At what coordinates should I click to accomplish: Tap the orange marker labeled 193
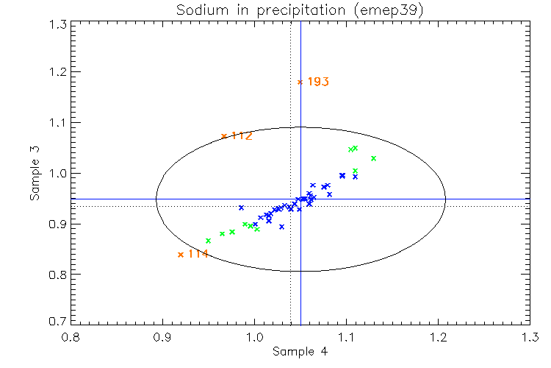pos(300,82)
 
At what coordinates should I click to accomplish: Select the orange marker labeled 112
pos(224,135)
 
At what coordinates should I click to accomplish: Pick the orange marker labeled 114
pos(180,255)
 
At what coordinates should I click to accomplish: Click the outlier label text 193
pos(317,82)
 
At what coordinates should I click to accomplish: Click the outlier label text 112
pos(242,135)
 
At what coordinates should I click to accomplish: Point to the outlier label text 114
pos(198,254)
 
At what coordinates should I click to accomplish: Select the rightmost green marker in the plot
pos(373,158)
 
